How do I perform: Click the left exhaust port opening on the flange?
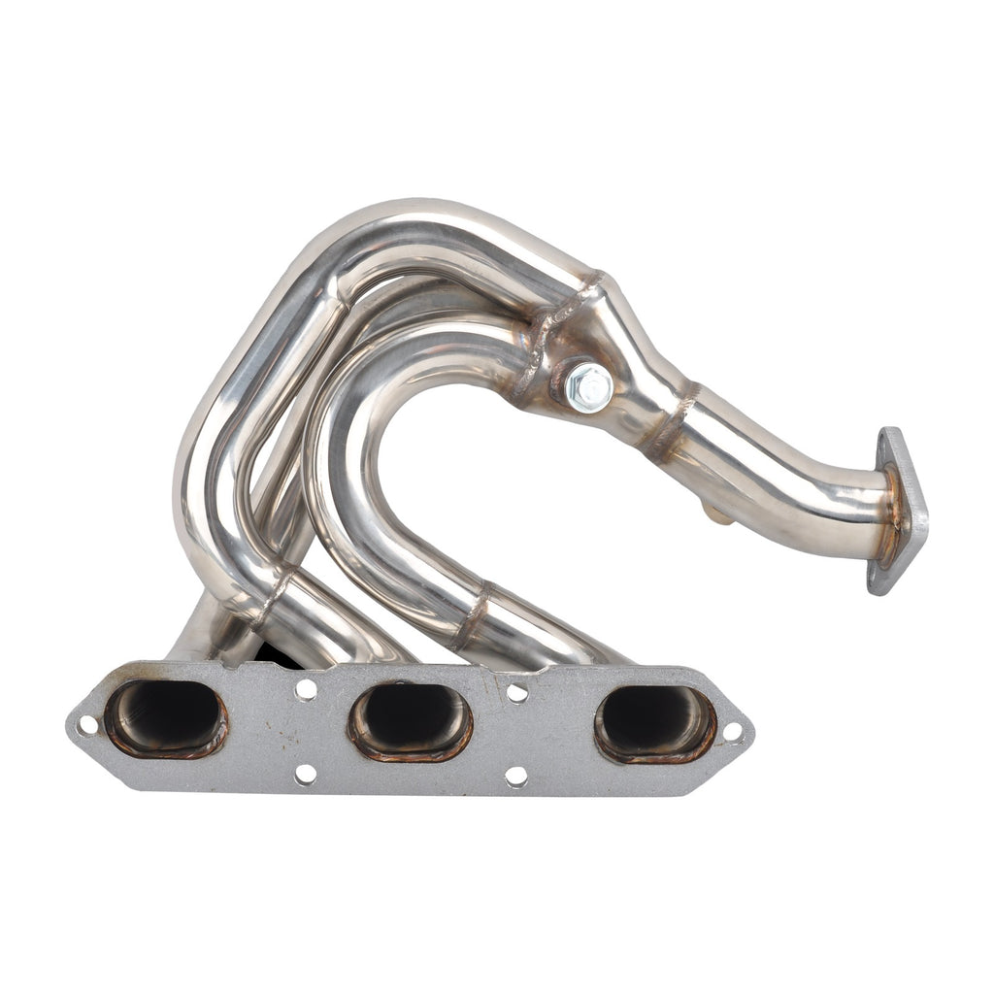[166, 717]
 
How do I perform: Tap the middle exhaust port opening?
[411, 721]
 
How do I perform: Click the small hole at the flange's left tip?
[87, 724]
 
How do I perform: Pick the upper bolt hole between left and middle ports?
[306, 689]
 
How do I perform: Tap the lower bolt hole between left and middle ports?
[306, 774]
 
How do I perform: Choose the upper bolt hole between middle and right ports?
[517, 692]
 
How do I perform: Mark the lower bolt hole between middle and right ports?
[516, 776]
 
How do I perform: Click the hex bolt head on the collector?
[588, 386]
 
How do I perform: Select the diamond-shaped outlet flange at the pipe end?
[899, 510]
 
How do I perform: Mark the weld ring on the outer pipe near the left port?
[275, 595]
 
